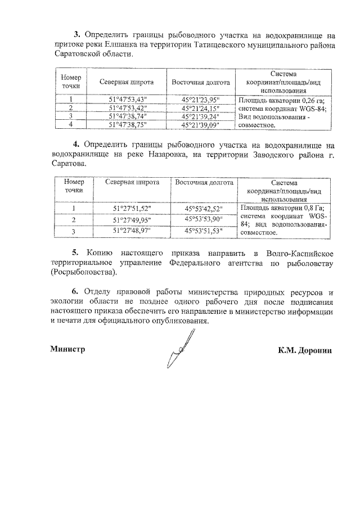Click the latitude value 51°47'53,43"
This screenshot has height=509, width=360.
[129, 100]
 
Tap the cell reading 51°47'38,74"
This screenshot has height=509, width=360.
[129, 116]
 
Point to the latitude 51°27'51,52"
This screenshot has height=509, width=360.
[132, 209]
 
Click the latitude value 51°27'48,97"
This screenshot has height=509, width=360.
[132, 231]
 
